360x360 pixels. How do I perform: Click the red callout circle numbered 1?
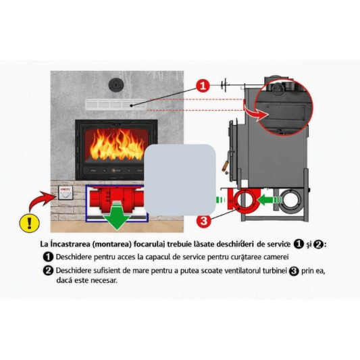(x=203, y=86)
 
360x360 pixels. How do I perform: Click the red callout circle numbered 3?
(x=204, y=221)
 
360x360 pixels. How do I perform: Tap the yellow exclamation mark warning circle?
(x=30, y=222)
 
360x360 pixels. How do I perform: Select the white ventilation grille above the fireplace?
(x=116, y=104)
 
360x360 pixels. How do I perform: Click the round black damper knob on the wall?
(x=116, y=84)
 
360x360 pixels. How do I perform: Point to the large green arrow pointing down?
(x=117, y=216)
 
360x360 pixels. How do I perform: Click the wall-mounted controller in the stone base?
(x=66, y=192)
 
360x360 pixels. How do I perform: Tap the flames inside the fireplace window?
(x=117, y=145)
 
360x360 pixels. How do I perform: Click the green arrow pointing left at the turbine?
(x=269, y=199)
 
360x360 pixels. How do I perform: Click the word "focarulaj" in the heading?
(x=149, y=244)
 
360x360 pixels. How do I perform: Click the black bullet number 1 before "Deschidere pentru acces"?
(x=48, y=257)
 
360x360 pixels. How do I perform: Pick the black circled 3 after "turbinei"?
(x=294, y=271)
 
